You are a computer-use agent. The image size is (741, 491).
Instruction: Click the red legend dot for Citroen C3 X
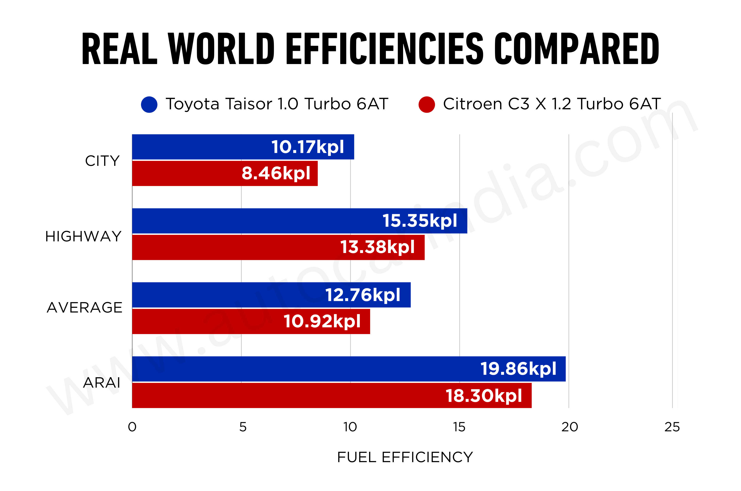(x=426, y=105)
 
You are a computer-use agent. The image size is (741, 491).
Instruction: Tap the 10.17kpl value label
(x=307, y=147)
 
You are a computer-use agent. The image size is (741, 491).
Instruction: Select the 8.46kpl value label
(x=276, y=173)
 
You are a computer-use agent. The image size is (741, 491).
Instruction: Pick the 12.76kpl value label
(x=363, y=295)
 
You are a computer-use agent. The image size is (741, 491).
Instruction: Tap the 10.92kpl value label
(x=322, y=321)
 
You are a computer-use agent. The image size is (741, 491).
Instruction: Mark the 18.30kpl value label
(x=484, y=396)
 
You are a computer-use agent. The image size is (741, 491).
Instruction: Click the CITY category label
(x=102, y=161)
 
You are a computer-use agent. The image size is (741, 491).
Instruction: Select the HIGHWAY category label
(x=83, y=236)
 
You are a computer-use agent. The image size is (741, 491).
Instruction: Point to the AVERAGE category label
(x=85, y=308)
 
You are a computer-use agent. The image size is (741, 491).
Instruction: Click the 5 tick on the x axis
(x=243, y=427)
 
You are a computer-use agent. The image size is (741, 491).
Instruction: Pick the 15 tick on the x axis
(x=459, y=427)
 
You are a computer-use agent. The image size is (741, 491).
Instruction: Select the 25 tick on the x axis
(x=672, y=427)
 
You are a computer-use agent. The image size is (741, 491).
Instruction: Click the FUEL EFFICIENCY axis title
(x=405, y=457)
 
